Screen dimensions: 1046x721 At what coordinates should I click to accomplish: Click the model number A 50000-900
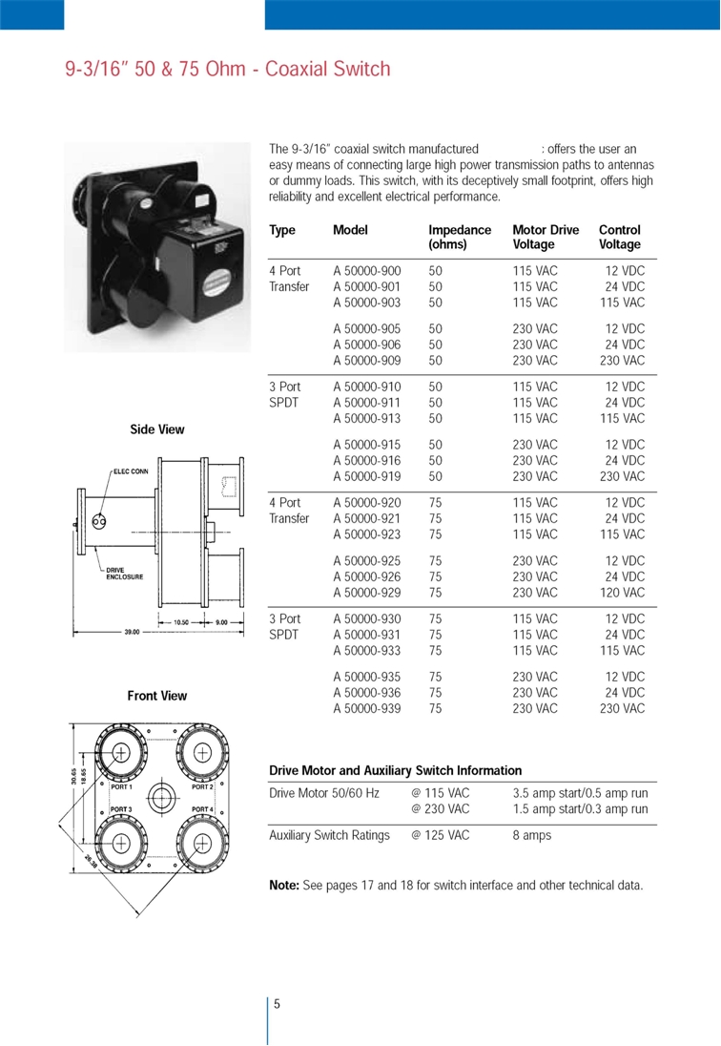point(367,271)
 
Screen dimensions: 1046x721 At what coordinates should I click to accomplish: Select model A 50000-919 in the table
point(367,476)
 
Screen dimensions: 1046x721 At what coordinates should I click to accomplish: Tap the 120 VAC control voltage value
point(622,593)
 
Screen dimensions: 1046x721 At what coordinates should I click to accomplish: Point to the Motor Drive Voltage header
point(546,236)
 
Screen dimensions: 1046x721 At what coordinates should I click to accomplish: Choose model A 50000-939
point(367,708)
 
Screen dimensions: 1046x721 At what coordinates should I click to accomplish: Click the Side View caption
point(157,429)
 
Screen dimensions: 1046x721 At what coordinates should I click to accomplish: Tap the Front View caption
point(157,696)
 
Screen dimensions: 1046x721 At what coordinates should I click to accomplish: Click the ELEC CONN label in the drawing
point(131,471)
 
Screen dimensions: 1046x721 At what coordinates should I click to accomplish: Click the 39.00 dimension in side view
point(132,632)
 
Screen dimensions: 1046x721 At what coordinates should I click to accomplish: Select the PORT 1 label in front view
point(122,787)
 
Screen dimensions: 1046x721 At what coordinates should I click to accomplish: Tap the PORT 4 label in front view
point(201,809)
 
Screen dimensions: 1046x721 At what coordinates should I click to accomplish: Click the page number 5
point(277,1003)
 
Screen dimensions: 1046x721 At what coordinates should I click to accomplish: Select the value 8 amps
point(531,835)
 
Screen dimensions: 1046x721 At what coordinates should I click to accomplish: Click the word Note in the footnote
point(283,886)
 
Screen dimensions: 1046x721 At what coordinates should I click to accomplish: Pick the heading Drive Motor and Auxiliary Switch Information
point(396,770)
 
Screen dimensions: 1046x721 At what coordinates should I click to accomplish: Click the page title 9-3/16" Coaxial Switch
point(228,69)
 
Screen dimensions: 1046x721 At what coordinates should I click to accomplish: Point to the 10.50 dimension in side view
point(181,622)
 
